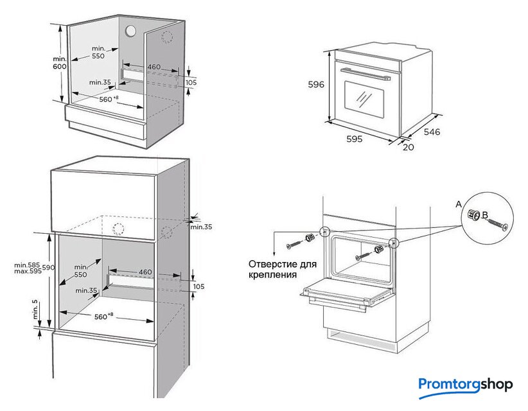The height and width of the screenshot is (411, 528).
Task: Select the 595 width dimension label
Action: tap(355, 139)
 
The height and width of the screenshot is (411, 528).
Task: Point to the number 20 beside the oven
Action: tap(409, 147)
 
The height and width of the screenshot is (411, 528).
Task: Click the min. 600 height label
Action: tap(60, 63)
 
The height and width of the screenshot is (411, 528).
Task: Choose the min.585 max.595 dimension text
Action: tap(27, 268)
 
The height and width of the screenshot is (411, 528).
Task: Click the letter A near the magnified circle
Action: tap(459, 204)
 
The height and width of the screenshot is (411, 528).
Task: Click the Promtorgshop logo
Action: tap(466, 384)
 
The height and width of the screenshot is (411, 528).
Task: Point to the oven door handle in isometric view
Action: tap(364, 71)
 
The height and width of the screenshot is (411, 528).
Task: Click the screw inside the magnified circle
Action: tap(497, 224)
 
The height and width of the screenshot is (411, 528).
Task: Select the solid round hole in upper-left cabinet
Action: tap(131, 31)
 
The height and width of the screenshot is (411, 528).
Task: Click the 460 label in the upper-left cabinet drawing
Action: tap(154, 67)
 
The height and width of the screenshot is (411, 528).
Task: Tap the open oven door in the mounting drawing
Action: tap(348, 293)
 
